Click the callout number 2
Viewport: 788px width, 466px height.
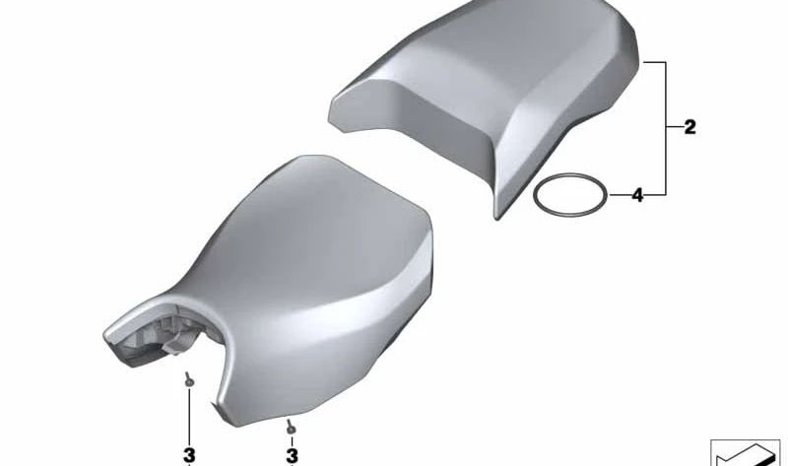tap(689, 127)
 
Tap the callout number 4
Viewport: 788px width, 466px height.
tap(637, 195)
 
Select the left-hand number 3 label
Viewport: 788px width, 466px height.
tap(190, 455)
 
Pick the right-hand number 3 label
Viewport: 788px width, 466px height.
tap(292, 455)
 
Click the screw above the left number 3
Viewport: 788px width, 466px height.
tap(188, 377)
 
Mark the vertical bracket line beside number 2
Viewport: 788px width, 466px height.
tap(668, 128)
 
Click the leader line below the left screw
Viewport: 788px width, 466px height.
tap(189, 414)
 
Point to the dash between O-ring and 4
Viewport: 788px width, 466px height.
tap(617, 195)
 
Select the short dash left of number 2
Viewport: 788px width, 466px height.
tap(676, 127)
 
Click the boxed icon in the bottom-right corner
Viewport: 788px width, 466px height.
tap(745, 451)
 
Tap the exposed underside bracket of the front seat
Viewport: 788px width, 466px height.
tap(158, 335)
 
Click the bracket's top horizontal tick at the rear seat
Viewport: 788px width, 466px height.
tap(656, 61)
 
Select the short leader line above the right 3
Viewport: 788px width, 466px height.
tap(292, 439)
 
